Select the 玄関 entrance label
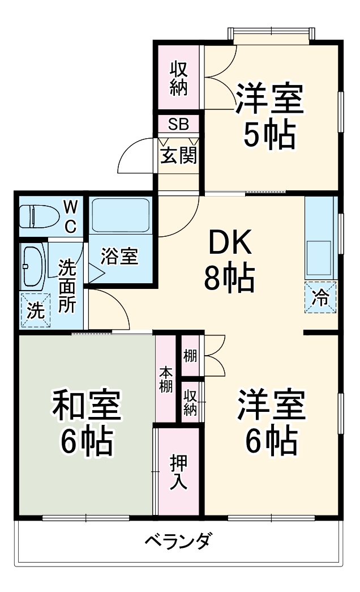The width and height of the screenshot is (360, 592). pyautogui.click(x=178, y=155)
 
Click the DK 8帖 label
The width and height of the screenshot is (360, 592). pyautogui.click(x=229, y=260)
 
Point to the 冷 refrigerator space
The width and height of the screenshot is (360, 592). pyautogui.click(x=320, y=297)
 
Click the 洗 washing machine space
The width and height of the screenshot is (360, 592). pyautogui.click(x=35, y=311)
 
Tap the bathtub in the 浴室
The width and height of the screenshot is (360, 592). pyautogui.click(x=120, y=216)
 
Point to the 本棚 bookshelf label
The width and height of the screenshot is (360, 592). pyautogui.click(x=166, y=380)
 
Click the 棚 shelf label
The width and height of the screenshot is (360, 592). pyautogui.click(x=190, y=356)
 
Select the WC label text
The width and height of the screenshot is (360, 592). pyautogui.click(x=69, y=216)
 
